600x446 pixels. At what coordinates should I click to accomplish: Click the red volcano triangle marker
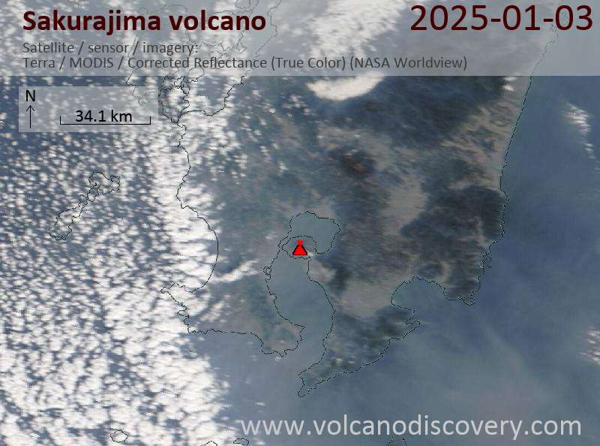[299, 249]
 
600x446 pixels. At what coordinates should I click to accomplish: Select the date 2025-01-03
[502, 19]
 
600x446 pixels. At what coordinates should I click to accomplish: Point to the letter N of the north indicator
[30, 96]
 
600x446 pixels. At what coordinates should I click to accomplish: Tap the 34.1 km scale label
[103, 116]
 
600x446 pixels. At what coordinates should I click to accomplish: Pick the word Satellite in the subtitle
[44, 48]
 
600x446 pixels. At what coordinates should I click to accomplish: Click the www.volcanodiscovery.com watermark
[411, 426]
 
